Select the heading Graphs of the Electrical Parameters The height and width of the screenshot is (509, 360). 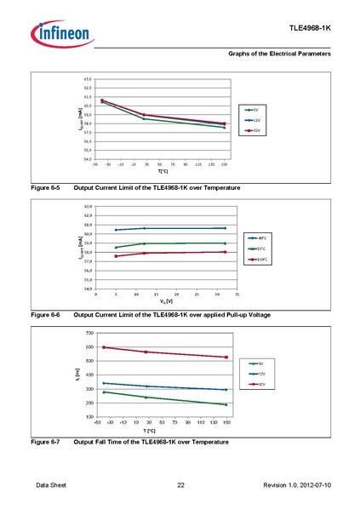click(279, 54)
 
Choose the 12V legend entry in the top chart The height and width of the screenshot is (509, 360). click(253, 120)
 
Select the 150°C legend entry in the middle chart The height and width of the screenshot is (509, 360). click(258, 259)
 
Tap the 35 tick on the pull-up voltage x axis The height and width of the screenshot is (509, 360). click(237, 294)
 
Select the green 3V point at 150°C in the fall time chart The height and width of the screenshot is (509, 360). click(226, 404)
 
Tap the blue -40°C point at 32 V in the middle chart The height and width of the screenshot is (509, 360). click(225, 228)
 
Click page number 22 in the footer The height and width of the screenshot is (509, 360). click(180, 485)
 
